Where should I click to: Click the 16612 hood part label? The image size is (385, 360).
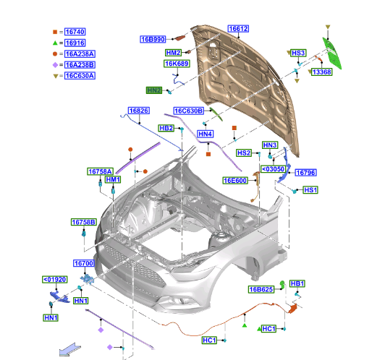pyautogui.click(x=238, y=29)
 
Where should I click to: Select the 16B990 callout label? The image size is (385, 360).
pyautogui.click(x=153, y=39)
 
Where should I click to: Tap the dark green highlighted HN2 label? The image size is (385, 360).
pyautogui.click(x=154, y=90)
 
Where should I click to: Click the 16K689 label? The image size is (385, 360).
pyautogui.click(x=177, y=64)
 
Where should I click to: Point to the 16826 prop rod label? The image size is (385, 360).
pyautogui.click(x=139, y=111)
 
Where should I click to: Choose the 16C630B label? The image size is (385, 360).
pyautogui.click(x=189, y=111)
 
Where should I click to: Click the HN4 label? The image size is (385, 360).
pyautogui.click(x=206, y=134)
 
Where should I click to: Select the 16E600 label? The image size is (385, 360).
pyautogui.click(x=235, y=181)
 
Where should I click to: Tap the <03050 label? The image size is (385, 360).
pyautogui.click(x=273, y=169)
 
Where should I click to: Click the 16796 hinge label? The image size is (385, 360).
pyautogui.click(x=305, y=173)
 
